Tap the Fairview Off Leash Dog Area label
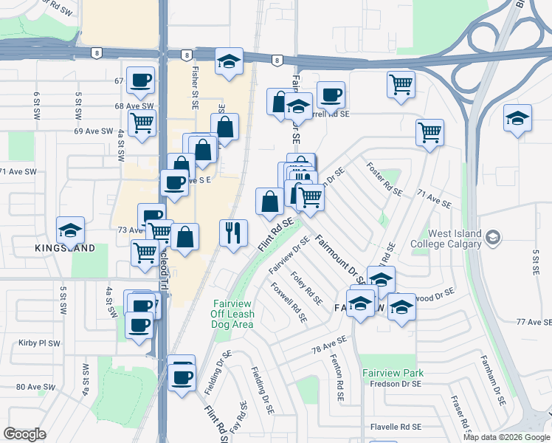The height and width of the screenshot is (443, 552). [233, 314]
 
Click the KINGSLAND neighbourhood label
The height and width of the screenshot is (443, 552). [65, 248]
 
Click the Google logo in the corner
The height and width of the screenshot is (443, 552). [24, 434]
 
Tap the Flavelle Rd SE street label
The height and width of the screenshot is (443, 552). [396, 427]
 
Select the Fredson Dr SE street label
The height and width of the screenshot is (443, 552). [396, 384]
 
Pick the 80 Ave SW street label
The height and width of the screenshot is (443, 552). [35, 387]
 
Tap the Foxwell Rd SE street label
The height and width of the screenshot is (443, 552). [289, 303]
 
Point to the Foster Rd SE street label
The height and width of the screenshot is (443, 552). [384, 179]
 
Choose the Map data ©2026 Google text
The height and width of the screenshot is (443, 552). [506, 436]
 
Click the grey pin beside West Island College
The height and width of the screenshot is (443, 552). [494, 238]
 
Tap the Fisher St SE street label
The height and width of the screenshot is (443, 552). [195, 83]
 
